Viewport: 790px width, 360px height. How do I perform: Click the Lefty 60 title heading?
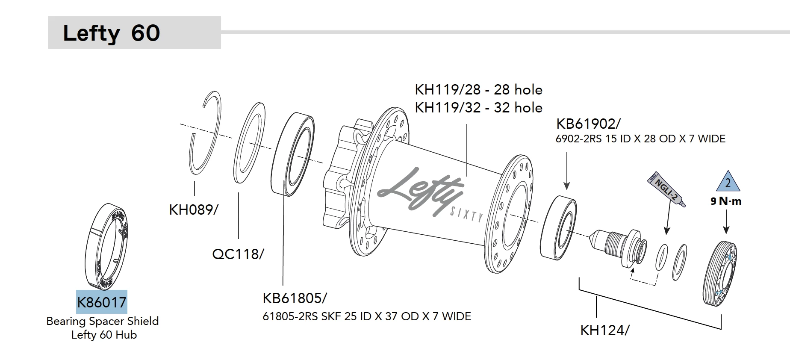[112, 33]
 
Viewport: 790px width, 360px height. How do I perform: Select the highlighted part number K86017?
[102, 302]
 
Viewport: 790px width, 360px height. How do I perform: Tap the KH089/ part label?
[194, 210]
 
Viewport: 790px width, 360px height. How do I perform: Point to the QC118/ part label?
[238, 254]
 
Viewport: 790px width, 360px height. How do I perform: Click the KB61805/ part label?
[295, 298]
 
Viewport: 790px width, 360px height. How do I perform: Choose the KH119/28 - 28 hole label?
[478, 89]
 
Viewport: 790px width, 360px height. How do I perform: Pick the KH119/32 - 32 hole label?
[478, 107]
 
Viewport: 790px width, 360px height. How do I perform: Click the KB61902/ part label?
[588, 124]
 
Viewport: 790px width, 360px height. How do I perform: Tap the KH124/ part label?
[604, 330]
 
